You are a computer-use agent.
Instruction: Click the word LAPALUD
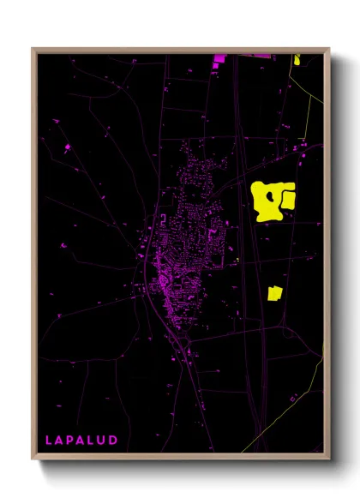pos(81,440)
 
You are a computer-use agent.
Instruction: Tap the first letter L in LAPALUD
pos(49,440)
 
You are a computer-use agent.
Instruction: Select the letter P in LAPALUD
pos(71,440)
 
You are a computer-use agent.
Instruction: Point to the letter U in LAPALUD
pos(104,440)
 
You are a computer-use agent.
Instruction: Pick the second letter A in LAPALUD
pos(82,440)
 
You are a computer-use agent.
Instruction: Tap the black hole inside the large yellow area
pos(272,195)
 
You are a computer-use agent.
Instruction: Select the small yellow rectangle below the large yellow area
pos(274,293)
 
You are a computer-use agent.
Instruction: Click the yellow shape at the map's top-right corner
pos(297,59)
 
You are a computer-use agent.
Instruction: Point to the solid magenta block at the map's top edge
pos(219,58)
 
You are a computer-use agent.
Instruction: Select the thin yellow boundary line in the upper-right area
pos(307,111)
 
